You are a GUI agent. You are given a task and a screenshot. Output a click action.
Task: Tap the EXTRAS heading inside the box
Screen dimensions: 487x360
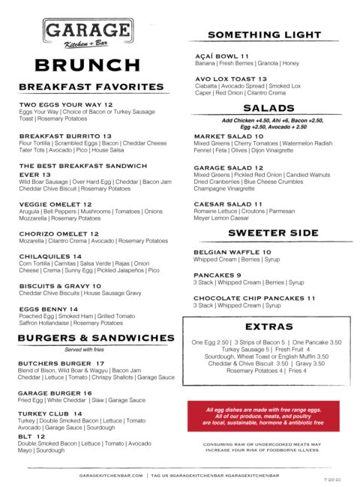click(268, 327)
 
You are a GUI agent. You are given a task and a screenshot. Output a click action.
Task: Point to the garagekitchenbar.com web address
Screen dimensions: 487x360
click(112, 476)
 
